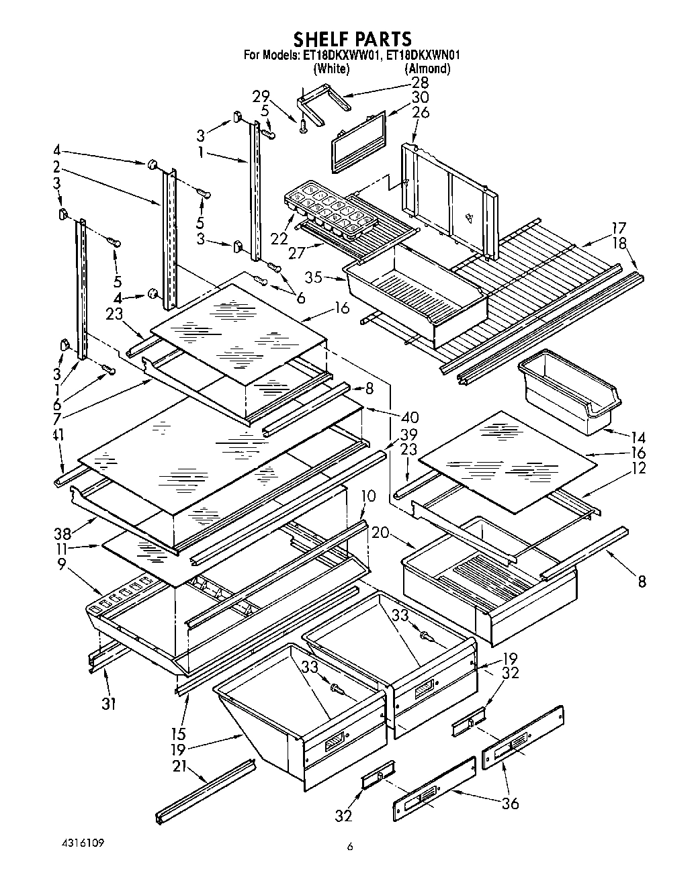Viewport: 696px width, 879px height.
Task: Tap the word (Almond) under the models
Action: coord(427,68)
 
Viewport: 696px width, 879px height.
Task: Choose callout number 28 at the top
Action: coord(421,83)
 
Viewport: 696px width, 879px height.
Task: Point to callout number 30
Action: coord(421,98)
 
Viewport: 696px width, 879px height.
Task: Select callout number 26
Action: coord(421,113)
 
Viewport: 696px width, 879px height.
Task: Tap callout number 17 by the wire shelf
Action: coord(618,228)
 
